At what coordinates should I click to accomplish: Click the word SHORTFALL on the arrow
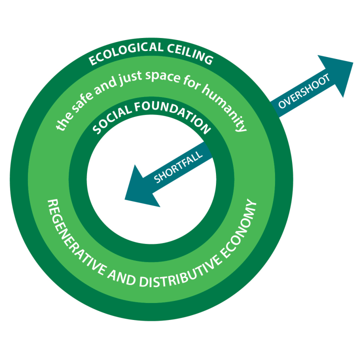(179, 167)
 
